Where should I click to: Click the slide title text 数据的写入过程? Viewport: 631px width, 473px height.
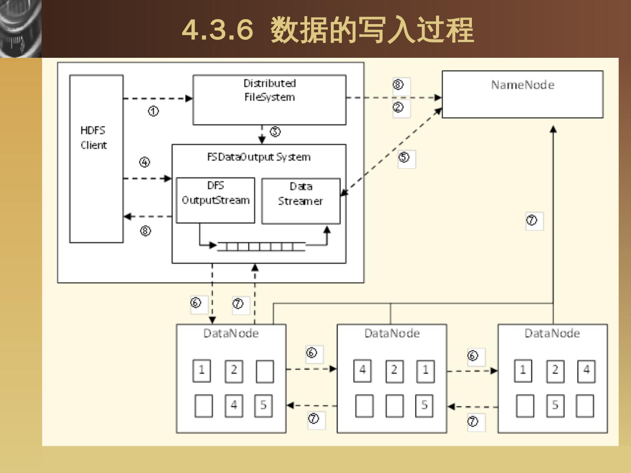[372, 30]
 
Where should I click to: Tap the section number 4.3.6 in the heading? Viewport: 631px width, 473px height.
[217, 30]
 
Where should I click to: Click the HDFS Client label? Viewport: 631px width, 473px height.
[93, 138]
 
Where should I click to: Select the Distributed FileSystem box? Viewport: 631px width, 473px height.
[269, 100]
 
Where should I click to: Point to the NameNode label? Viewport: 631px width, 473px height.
[522, 85]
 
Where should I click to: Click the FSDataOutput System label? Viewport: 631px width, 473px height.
[259, 157]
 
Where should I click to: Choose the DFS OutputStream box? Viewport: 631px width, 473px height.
[215, 200]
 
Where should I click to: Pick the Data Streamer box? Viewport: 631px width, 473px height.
[301, 201]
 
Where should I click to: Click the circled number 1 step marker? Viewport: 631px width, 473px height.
[153, 112]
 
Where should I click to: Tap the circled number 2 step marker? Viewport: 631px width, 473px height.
[398, 107]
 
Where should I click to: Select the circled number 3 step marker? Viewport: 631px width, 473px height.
[275, 131]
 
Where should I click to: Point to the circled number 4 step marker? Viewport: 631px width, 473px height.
[145, 162]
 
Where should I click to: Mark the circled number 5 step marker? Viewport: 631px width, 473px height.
[404, 157]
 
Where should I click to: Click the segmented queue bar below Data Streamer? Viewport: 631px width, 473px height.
[261, 247]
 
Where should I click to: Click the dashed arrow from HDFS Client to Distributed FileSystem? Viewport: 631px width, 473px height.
[158, 99]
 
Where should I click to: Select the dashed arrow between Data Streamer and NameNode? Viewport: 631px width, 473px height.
[391, 152]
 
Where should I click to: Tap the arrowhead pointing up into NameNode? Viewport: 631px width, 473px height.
[553, 129]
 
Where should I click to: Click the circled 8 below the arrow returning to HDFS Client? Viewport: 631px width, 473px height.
[145, 231]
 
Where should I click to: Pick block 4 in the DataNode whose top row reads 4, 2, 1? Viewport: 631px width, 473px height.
[362, 370]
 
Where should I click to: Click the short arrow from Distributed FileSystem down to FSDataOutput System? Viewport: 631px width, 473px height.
[262, 135]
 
